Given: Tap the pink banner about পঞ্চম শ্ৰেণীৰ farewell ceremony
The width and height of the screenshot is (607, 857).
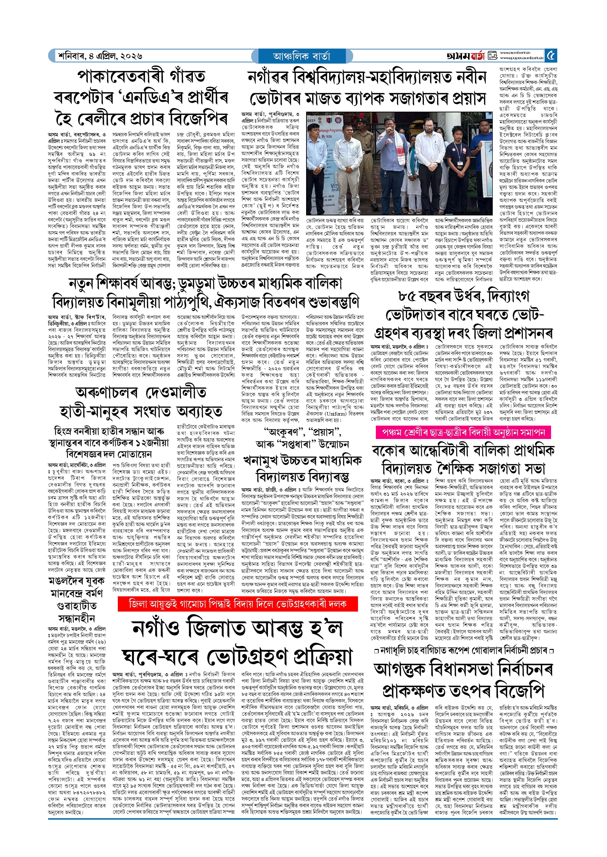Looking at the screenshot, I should coord(463,432).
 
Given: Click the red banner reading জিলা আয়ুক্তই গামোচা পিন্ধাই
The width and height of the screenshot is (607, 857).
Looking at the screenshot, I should coord(238,604).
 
